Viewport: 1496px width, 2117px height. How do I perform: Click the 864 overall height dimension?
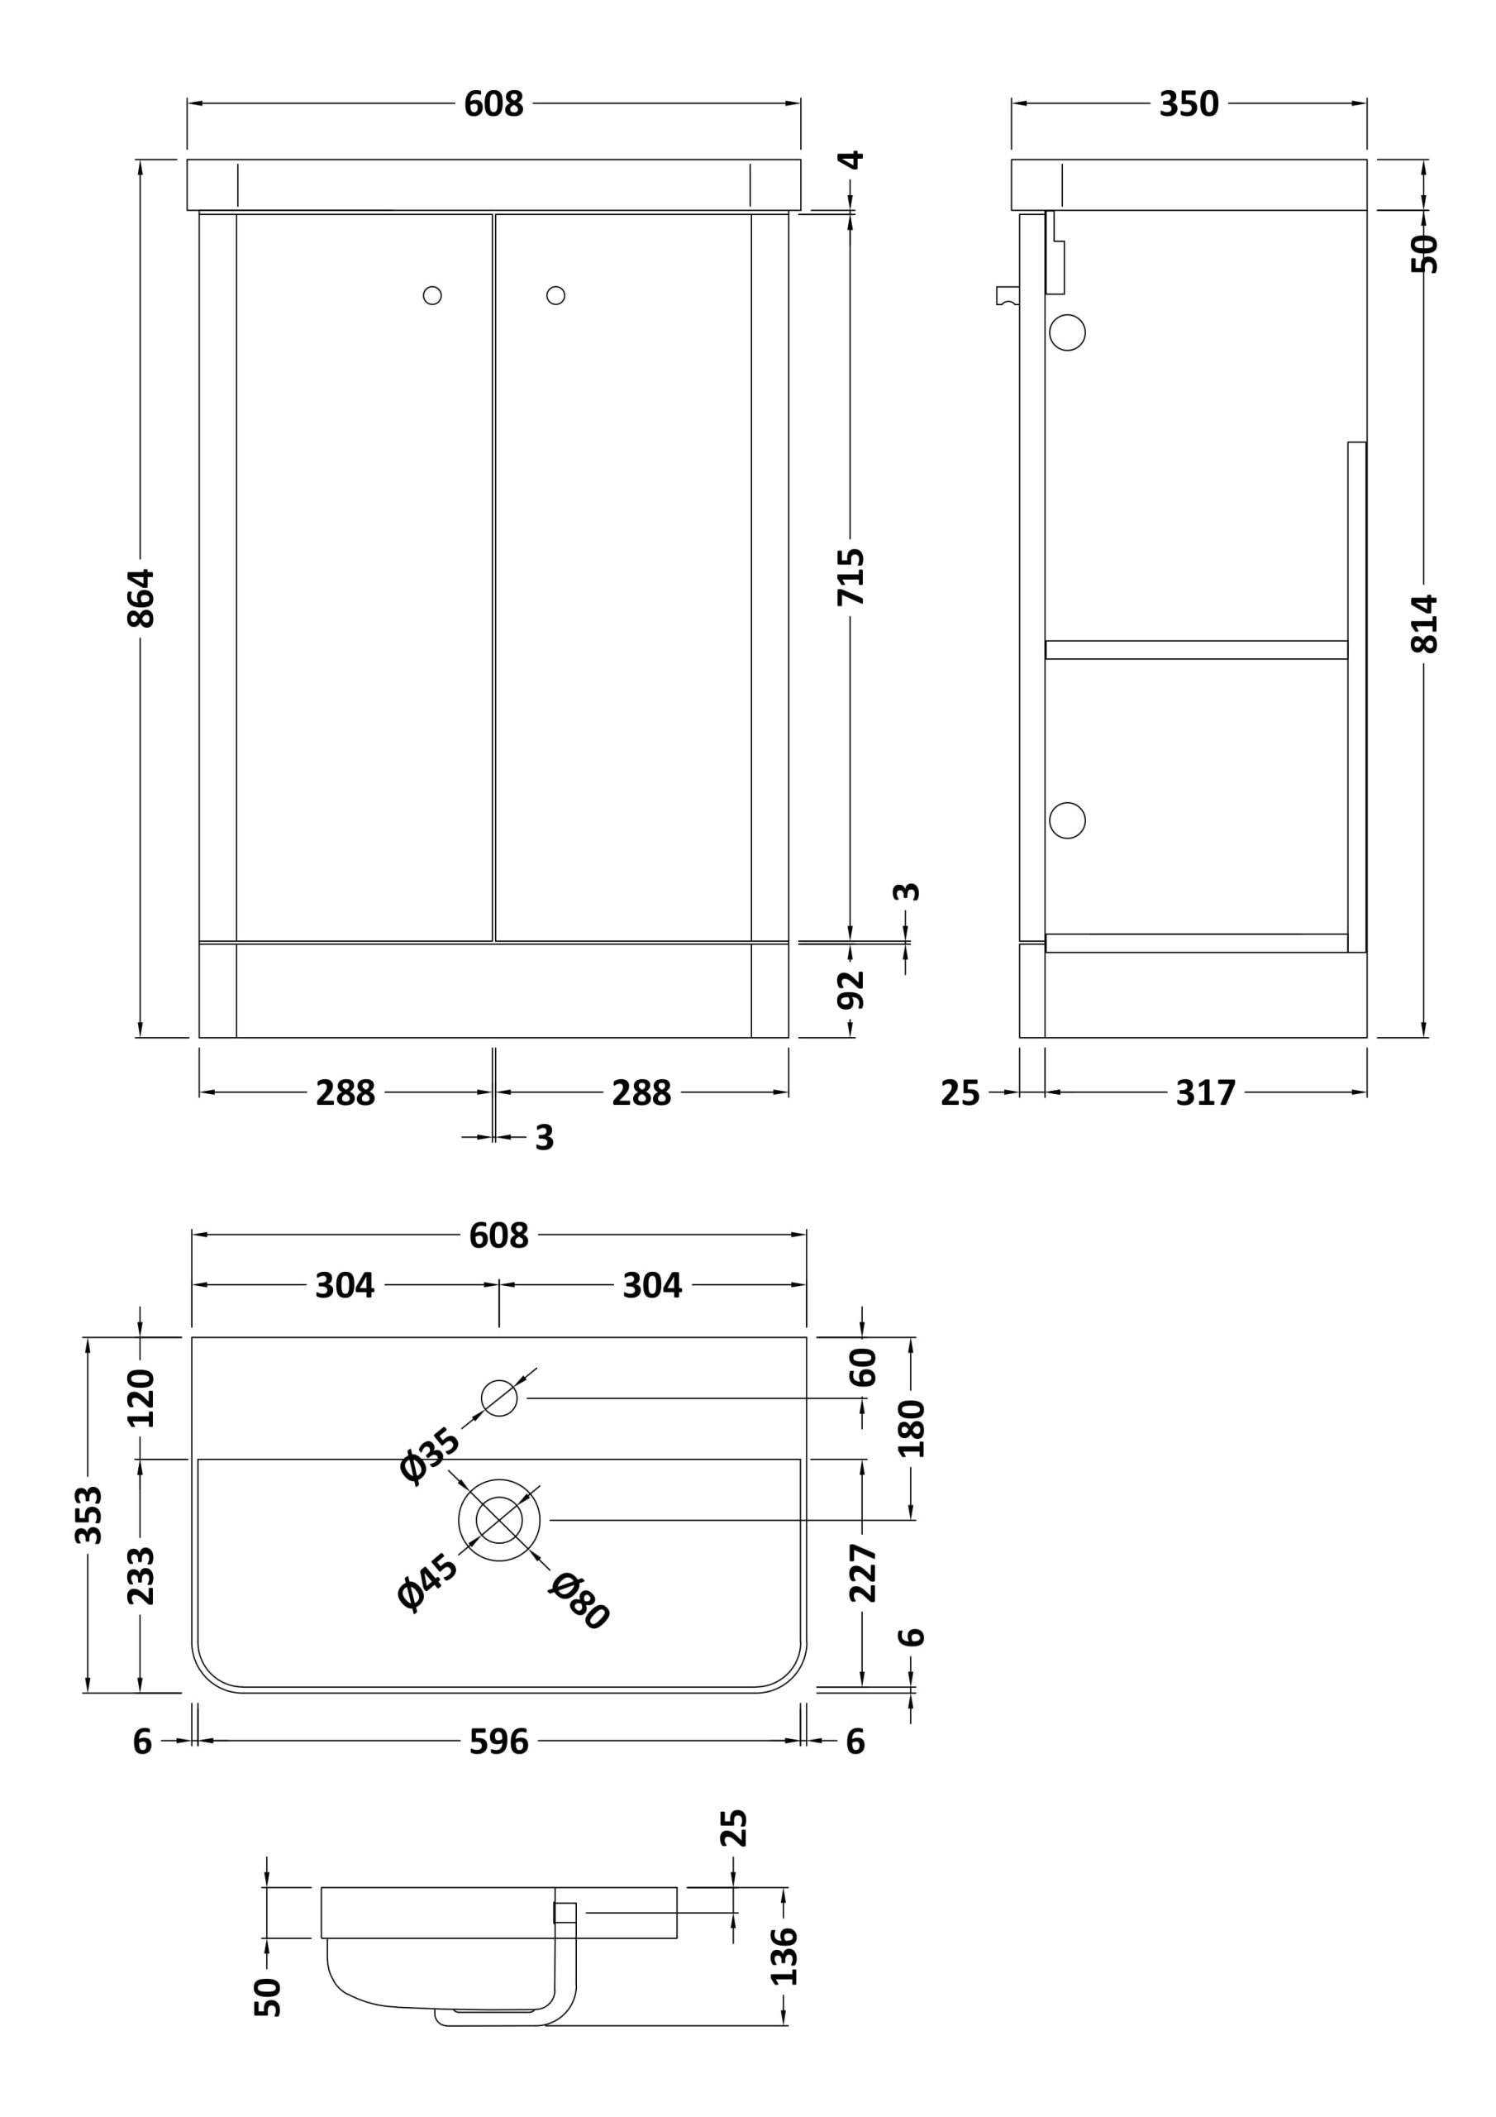[141, 599]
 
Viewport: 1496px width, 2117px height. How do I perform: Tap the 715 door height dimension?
[850, 577]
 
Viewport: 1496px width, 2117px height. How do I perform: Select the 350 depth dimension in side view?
[1189, 104]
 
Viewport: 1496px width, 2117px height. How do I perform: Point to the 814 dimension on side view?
[1424, 624]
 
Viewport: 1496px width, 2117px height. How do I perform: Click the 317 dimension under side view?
[1206, 1093]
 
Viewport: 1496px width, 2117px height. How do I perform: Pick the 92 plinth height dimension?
[850, 990]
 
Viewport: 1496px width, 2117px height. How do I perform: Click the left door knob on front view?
[432, 295]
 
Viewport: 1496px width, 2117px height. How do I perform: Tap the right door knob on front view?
[555, 295]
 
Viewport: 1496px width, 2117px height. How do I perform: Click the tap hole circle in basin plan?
[499, 1398]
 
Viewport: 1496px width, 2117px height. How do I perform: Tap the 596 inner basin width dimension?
[498, 1742]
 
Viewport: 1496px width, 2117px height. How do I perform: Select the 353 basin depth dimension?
[88, 1515]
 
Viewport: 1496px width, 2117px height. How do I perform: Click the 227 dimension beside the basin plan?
[863, 1573]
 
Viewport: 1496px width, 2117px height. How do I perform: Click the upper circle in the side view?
[1067, 333]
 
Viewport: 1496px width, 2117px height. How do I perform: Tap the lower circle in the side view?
[1067, 820]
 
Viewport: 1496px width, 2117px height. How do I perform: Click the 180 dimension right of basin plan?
[912, 1428]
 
